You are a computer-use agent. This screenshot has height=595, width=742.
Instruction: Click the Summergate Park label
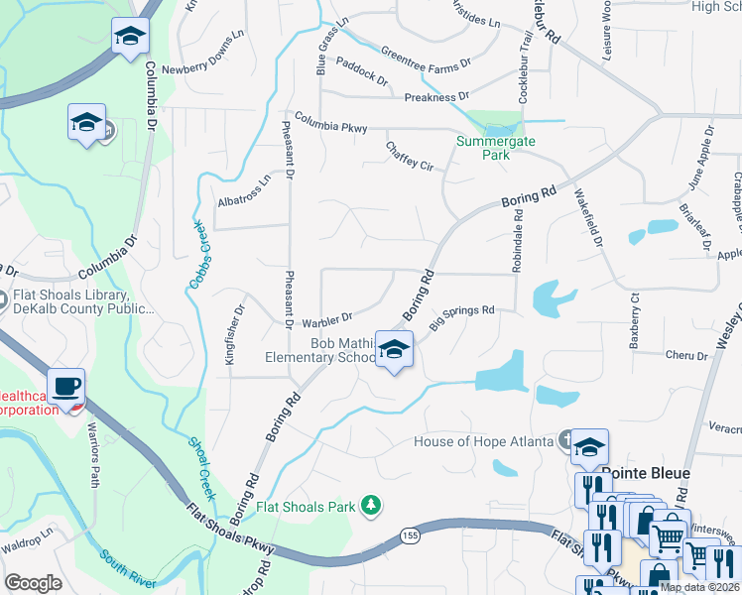(495, 149)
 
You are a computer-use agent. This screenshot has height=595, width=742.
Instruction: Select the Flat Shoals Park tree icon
(371, 507)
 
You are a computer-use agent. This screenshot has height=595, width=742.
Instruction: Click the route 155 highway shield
(410, 535)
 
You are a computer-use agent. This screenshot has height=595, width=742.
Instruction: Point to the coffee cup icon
(66, 387)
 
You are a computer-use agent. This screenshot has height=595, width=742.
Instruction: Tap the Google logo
(33, 583)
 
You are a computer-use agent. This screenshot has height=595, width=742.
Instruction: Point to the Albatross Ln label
(244, 192)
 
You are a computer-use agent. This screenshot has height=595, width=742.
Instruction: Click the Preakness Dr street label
(436, 97)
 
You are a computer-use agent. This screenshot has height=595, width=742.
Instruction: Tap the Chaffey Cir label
(410, 157)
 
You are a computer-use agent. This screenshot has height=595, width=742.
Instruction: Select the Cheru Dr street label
(683, 354)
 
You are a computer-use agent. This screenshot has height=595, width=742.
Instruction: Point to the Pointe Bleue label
(645, 473)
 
